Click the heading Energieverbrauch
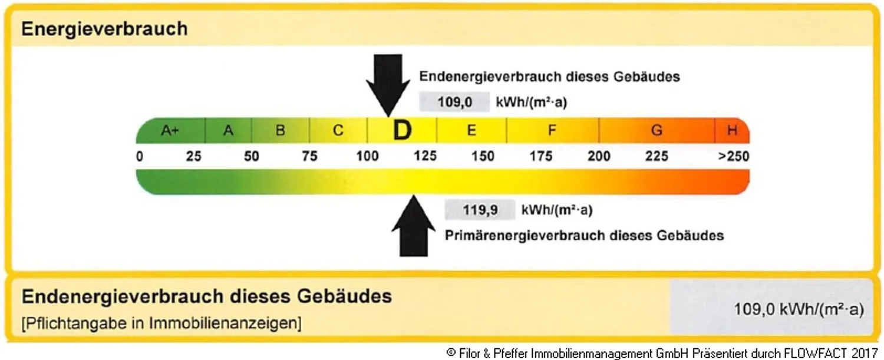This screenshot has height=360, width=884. click(104, 29)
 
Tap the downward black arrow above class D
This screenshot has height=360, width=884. click(388, 85)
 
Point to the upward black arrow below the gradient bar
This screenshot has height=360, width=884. click(414, 226)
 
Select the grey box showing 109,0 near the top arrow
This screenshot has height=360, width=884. click(454, 103)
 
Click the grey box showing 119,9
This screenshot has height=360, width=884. click(480, 210)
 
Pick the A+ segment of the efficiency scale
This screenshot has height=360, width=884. click(170, 130)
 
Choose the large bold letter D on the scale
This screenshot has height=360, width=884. click(402, 130)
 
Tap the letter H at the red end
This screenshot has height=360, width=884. click(733, 130)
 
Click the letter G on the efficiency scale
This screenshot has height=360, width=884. click(657, 130)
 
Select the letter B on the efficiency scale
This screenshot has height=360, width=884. click(280, 130)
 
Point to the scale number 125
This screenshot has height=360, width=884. click(425, 156)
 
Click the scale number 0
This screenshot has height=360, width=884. click(139, 156)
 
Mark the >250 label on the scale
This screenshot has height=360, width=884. click(733, 156)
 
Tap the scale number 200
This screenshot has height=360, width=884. click(599, 156)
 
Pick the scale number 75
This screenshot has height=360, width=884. click(309, 156)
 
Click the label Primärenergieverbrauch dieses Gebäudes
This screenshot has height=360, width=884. click(585, 236)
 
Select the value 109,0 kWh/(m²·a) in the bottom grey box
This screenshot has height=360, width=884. click(799, 309)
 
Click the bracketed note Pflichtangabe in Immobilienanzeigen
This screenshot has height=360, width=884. click(161, 323)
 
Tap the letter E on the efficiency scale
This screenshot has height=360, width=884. click(471, 130)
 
